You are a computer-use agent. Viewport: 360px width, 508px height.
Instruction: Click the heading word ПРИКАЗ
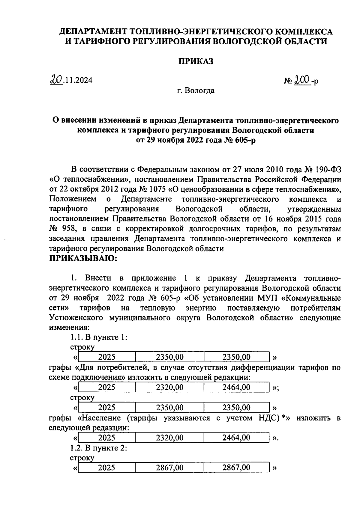[x=196, y=61]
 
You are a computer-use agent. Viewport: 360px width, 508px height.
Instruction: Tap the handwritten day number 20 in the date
[x=56, y=79]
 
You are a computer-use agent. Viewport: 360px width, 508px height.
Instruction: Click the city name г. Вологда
[x=196, y=90]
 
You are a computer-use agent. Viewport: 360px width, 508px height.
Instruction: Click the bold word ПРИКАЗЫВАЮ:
[x=82, y=259]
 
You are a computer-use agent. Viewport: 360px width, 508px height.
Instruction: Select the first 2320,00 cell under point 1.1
[x=170, y=387]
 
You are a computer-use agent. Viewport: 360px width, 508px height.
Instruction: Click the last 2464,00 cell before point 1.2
[x=236, y=438]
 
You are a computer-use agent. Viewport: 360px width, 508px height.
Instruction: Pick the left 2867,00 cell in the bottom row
[x=170, y=468]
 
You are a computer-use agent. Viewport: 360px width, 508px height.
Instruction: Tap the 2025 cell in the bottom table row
[x=107, y=468]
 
